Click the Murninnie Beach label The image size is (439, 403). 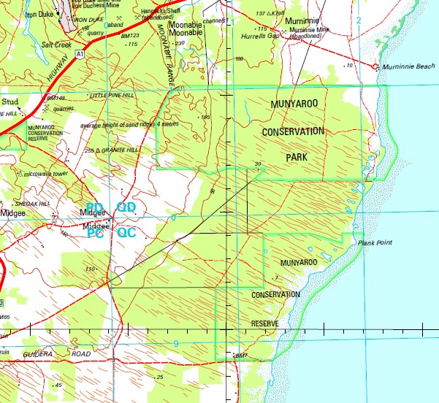(x=407, y=66)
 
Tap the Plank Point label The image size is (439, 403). (x=371, y=243)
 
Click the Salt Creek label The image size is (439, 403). (x=56, y=44)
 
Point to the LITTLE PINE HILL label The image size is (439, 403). (x=111, y=96)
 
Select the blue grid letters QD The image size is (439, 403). (x=126, y=208)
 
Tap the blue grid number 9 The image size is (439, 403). (x=176, y=343)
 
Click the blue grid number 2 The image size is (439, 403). (x=359, y=19)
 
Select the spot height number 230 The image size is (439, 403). (x=180, y=44)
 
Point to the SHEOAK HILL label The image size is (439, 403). (x=33, y=204)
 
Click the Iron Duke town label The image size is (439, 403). (x=39, y=12)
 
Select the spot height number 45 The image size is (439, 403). (x=58, y=385)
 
